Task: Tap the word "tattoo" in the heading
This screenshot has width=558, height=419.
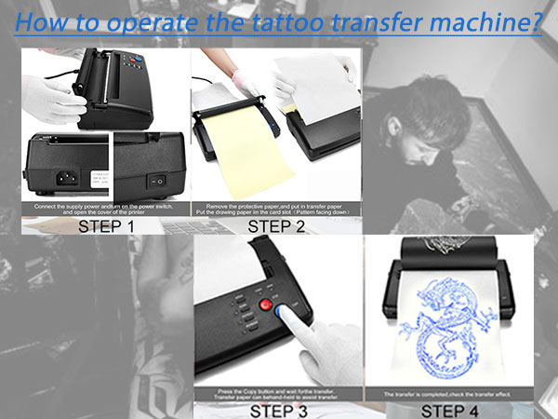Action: [x=285, y=22]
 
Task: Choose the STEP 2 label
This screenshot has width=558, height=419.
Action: [x=277, y=225]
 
